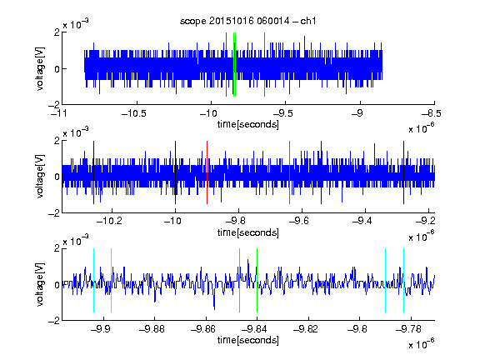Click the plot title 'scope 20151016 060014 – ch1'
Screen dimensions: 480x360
tap(247, 21)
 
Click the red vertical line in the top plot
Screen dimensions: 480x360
tap(226, 65)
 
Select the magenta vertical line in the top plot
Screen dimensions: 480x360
tap(264, 65)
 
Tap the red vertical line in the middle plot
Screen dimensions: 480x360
tap(207, 172)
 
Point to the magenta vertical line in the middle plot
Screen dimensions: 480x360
tap(289, 172)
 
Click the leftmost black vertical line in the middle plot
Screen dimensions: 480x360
tap(93, 172)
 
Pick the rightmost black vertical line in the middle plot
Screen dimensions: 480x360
tap(403, 172)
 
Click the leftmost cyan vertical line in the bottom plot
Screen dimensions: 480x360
tap(93, 280)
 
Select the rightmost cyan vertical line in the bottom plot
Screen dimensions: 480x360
tap(403, 280)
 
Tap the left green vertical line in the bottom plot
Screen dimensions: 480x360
tap(239, 280)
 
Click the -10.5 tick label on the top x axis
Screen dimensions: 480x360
tap(134, 113)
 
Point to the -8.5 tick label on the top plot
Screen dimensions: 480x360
tap(432, 113)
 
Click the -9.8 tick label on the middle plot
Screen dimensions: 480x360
tap(238, 221)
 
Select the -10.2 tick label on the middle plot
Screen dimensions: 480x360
tap(109, 221)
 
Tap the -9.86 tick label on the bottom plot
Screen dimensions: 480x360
tap(203, 329)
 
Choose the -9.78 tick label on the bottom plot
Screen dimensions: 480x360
tap(408, 329)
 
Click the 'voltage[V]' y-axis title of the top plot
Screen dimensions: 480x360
tap(40, 68)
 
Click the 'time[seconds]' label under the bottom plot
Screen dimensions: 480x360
tap(248, 340)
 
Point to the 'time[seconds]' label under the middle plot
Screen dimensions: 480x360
tap(248, 232)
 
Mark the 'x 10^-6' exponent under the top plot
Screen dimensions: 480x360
tap(422, 128)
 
